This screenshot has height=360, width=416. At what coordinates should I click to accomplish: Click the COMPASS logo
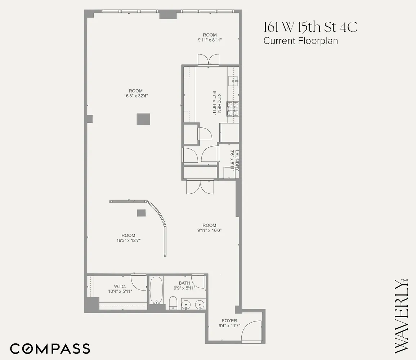50,348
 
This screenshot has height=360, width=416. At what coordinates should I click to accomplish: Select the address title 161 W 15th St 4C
310,27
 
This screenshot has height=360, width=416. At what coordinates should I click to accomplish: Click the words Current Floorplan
300,41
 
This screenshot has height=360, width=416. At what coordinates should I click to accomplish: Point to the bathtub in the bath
156,290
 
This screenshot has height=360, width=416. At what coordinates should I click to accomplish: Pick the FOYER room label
229,320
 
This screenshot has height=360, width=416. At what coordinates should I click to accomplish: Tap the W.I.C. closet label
120,286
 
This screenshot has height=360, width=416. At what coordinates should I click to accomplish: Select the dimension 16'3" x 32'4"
135,96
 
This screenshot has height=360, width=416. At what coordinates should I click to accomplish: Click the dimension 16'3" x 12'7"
128,240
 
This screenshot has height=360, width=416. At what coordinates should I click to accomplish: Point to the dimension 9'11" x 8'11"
210,40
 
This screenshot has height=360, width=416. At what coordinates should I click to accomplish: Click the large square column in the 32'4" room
143,119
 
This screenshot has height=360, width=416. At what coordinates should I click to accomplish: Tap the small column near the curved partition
141,213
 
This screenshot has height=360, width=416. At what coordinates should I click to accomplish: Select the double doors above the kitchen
209,60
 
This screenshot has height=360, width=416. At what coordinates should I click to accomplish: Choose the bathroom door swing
197,281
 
